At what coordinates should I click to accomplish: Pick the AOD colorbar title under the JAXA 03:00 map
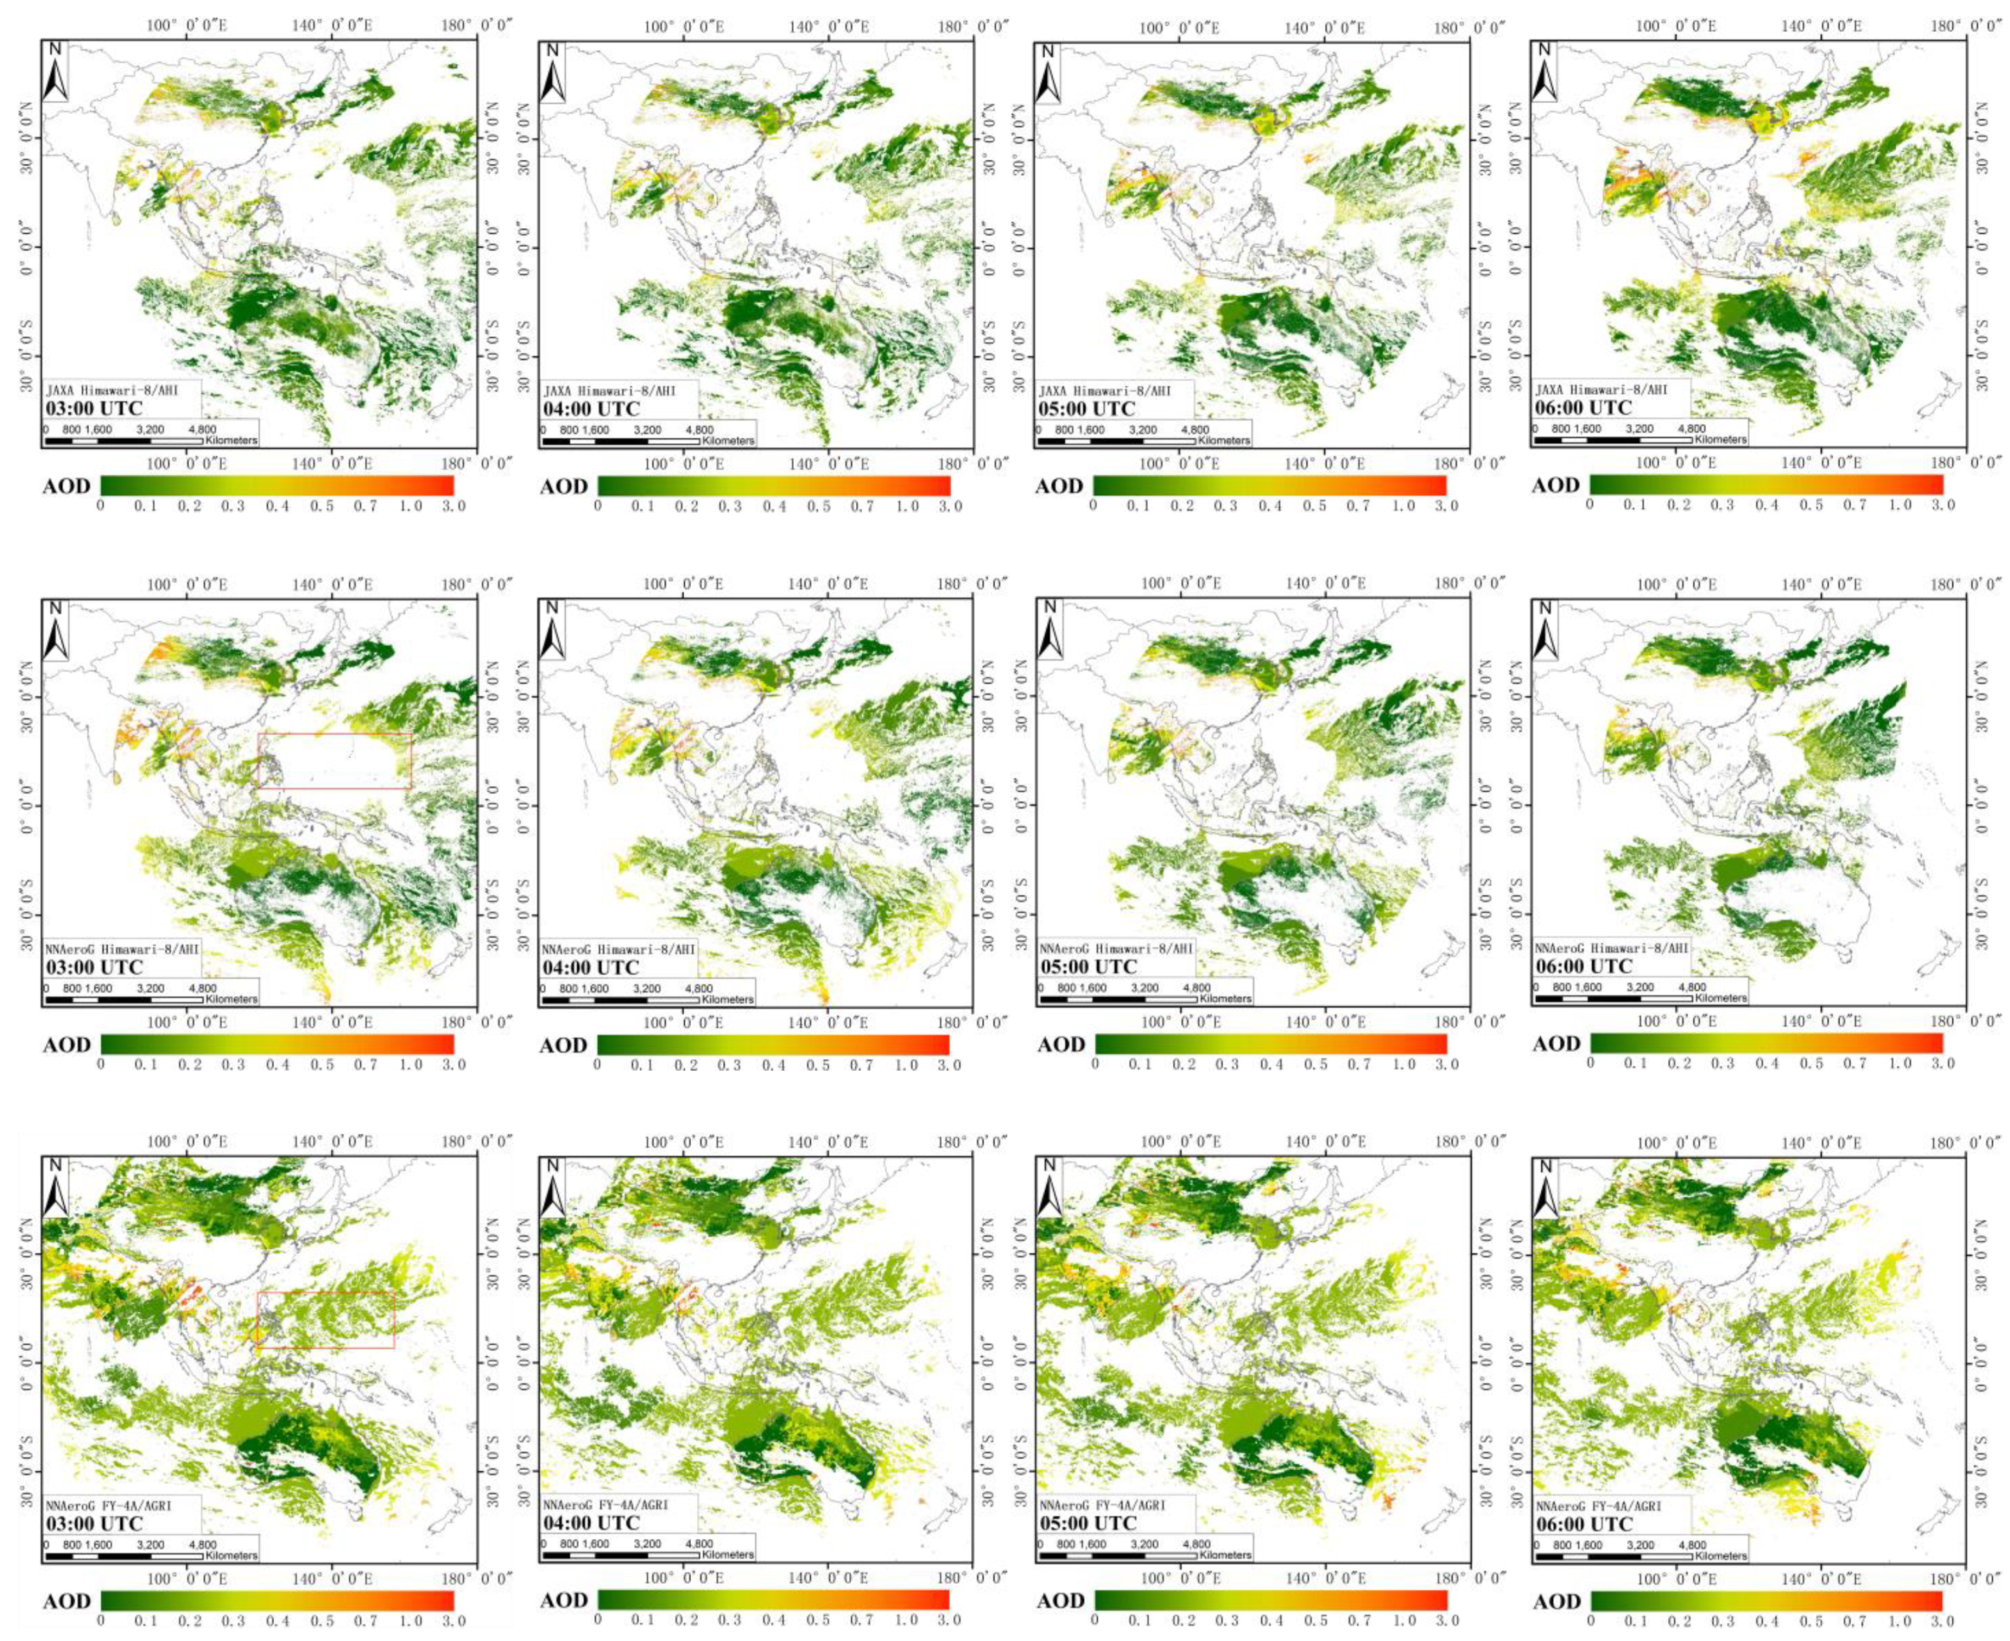point(66,487)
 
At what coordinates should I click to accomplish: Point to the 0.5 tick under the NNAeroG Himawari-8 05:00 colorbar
point(1315,1064)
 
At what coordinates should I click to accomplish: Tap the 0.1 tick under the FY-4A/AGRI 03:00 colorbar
point(146,1622)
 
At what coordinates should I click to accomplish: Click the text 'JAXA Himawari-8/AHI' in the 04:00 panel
point(609,390)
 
